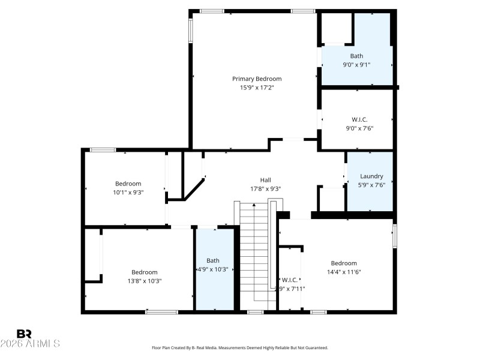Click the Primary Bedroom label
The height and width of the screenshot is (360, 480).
point(257,79)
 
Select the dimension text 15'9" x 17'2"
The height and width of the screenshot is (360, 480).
point(257,88)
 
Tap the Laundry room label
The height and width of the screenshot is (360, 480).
point(371,176)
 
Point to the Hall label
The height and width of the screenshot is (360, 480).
point(265,180)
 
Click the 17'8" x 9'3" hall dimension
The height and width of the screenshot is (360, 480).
point(265,188)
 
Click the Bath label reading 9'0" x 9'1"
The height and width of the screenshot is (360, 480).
point(356,56)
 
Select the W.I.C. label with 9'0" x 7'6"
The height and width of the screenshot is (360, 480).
point(359,119)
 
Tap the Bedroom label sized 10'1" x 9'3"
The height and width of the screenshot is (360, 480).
point(128,184)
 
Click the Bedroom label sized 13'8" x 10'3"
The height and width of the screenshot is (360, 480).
point(145,272)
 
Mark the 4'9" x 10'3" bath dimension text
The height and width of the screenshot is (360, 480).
point(213,269)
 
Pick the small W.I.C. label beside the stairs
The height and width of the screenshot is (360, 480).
point(289,280)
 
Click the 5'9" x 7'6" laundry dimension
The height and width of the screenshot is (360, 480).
point(371,185)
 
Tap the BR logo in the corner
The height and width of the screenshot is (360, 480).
point(24,334)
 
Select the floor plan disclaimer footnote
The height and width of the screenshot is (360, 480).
point(240,347)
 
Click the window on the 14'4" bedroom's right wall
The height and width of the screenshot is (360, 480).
point(394,235)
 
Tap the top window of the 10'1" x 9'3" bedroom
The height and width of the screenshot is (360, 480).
point(103,149)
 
